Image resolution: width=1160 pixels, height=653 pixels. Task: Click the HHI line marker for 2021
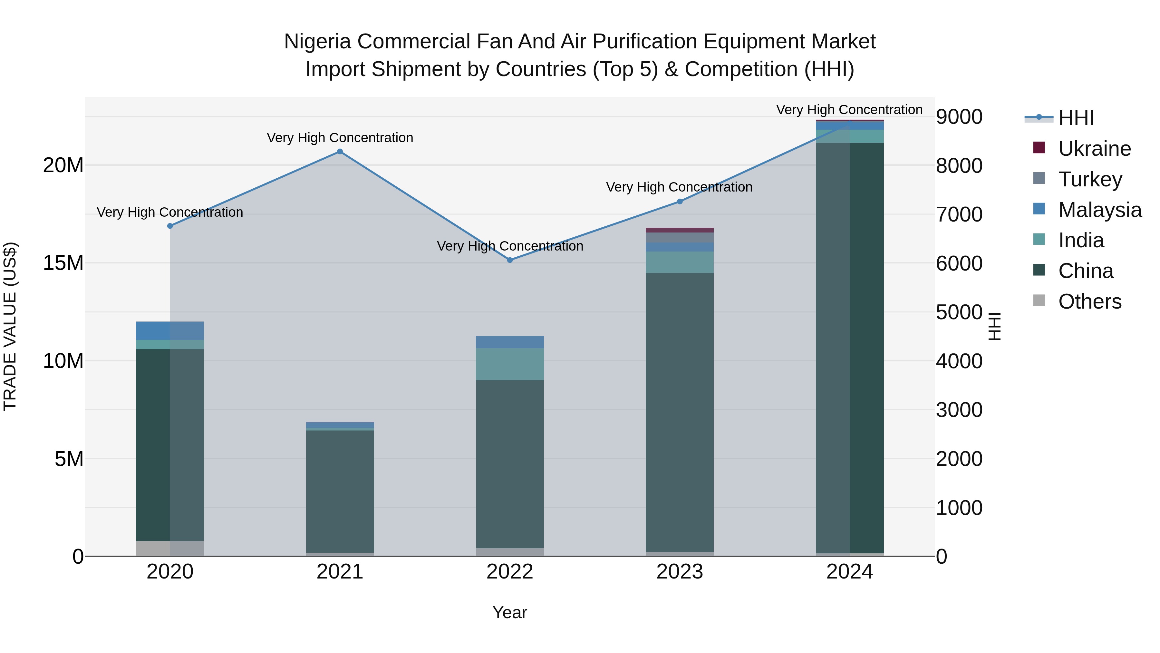340,152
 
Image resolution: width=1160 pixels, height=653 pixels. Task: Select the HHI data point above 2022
510,260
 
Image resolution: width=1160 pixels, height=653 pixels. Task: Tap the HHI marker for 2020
170,226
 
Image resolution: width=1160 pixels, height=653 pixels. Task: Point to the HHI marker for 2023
680,202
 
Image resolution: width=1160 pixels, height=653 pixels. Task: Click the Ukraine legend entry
1094,149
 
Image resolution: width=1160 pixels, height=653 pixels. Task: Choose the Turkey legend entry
1090,179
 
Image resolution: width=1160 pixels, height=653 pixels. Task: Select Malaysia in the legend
1099,210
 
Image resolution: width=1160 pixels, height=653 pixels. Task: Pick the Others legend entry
1089,302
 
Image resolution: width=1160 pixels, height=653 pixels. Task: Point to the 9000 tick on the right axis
959,117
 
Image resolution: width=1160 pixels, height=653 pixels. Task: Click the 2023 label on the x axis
680,572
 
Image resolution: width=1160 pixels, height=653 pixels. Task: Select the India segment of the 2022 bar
510,364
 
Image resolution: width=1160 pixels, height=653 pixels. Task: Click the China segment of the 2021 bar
340,491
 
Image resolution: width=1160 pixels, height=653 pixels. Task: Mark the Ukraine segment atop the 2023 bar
680,230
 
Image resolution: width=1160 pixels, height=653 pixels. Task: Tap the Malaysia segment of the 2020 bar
170,330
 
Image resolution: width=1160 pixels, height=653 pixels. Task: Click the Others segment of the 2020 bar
170,549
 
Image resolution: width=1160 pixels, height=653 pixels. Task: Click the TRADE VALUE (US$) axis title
10,326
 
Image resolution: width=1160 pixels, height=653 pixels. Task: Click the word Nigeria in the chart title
317,42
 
